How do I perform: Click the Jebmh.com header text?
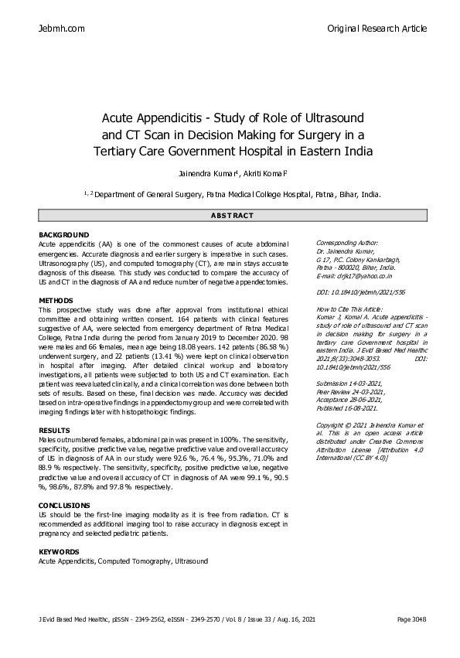61,29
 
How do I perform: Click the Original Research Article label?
377,29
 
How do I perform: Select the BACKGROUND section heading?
63,234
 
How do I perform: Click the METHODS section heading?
56,300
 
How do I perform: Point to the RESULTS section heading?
55,430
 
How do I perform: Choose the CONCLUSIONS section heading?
65,504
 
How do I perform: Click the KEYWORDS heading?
59,551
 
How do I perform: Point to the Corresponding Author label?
347,242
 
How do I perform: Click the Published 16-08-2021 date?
347,408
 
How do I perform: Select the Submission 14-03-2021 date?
350,385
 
